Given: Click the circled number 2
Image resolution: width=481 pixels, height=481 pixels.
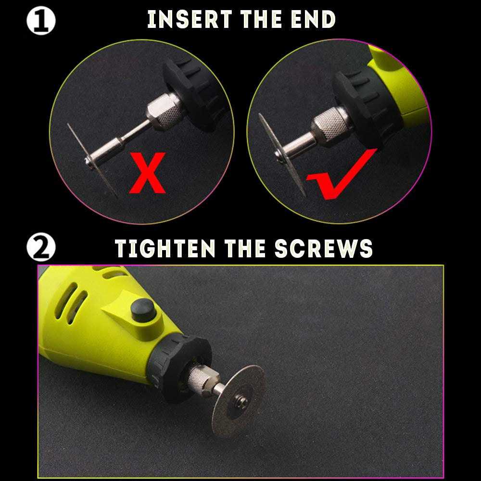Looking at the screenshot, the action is [x=41, y=247].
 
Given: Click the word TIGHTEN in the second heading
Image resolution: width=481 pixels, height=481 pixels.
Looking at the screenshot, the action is [x=165, y=248].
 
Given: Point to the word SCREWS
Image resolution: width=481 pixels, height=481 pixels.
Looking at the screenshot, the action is [x=324, y=248].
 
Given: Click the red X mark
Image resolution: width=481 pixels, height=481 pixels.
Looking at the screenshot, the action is [x=148, y=173].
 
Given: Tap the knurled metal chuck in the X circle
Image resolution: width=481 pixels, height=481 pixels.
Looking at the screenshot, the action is [x=164, y=111].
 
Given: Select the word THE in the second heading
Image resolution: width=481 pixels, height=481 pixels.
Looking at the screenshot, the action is [x=245, y=248].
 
